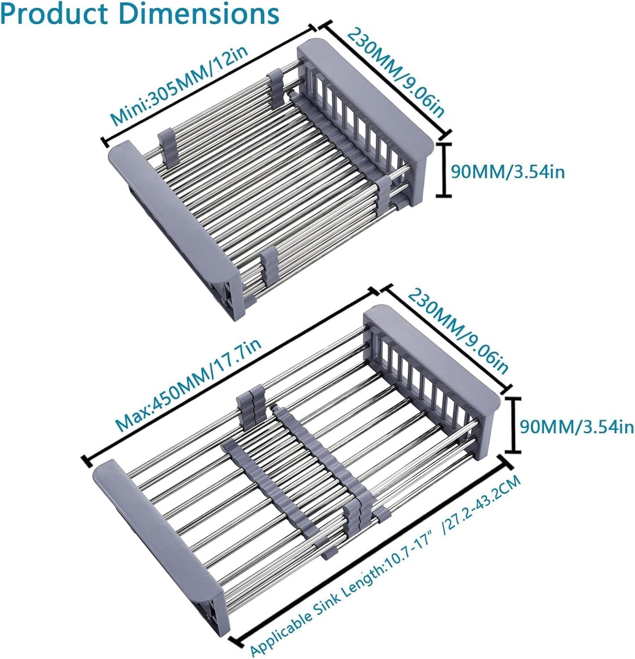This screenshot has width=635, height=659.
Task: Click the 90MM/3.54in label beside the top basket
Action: [508, 172]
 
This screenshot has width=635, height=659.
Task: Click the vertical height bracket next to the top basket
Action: [444, 169]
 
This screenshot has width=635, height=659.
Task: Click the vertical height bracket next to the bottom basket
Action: [513, 425]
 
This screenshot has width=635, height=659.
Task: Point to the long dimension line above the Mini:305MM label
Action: [209, 85]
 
